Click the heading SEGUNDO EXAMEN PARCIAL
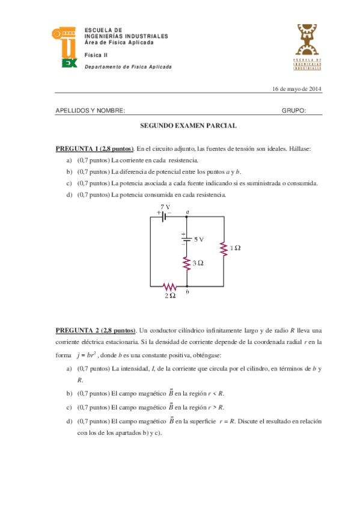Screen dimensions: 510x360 click(188, 126)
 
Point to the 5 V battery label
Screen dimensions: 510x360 click(199, 239)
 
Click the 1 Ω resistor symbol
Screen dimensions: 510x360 click(224, 248)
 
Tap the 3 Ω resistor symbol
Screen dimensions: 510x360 click(187, 263)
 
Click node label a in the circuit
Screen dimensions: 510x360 click(188, 212)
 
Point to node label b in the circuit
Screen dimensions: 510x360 click(188, 292)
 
